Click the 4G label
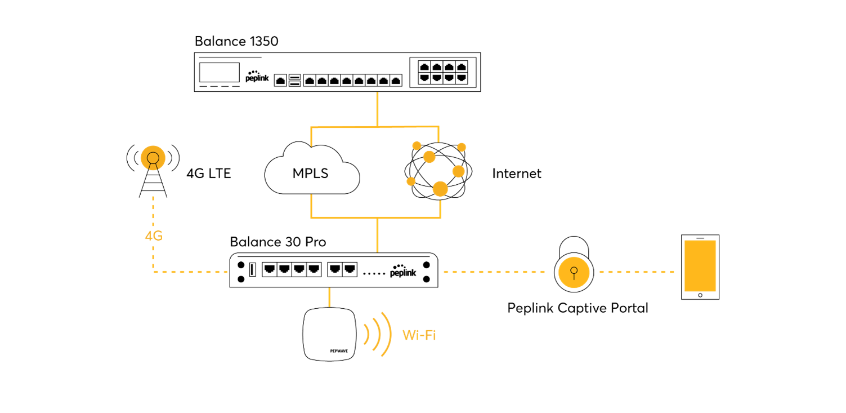[153, 237]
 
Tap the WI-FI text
[419, 336]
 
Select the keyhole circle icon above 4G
[153, 158]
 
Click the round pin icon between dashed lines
[574, 272]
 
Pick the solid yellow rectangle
[700, 266]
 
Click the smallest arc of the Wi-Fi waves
[367, 334]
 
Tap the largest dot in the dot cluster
[440, 189]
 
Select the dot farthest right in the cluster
[462, 147]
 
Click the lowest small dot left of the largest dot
[411, 181]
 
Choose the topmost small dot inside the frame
[417, 145]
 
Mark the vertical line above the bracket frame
[377, 108]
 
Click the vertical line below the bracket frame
[377, 236]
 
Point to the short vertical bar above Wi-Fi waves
[329, 297]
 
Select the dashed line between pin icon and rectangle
[637, 272]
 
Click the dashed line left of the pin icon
[494, 272]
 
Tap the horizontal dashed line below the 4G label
[190, 272]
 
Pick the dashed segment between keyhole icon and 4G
[153, 211]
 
